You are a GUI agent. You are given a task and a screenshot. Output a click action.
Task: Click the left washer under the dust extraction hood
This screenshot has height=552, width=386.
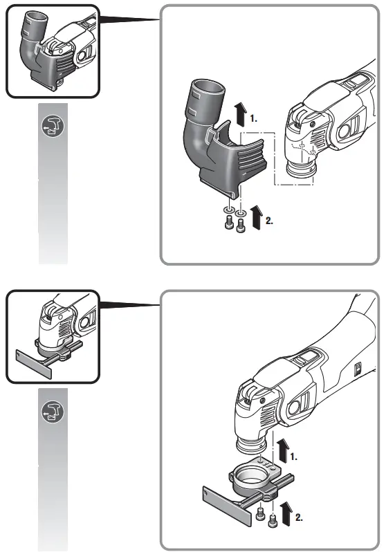(x=228, y=209)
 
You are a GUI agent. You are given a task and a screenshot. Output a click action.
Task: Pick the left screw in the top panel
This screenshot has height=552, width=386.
(x=228, y=224)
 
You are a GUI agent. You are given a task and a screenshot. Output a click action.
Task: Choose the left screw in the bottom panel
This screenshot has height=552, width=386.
(x=259, y=512)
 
